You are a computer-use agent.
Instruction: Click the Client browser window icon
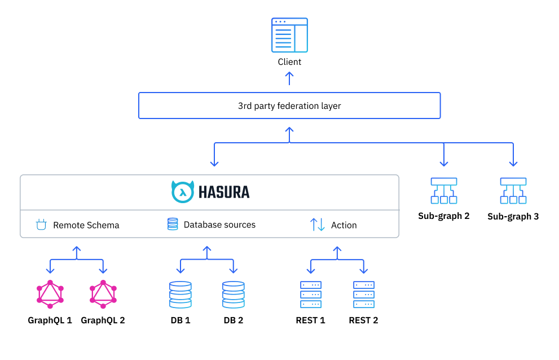coord(289,35)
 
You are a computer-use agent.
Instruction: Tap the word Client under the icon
coord(289,62)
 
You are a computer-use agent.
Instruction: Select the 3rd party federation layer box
coord(289,106)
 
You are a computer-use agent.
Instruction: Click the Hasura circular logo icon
coord(182,192)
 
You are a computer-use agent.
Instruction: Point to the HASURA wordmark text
coord(224,192)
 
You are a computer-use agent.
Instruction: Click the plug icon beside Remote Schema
coord(41,225)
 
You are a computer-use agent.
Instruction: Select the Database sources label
coord(219,225)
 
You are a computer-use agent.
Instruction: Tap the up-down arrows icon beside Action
coord(318,225)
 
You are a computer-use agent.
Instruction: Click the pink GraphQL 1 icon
coord(50,294)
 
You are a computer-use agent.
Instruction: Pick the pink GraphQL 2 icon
coord(103,294)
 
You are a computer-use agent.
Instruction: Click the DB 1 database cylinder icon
coord(181,295)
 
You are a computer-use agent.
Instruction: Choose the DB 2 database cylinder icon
coord(233,295)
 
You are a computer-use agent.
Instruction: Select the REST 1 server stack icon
coord(311,295)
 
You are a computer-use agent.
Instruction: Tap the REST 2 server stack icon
coord(364,295)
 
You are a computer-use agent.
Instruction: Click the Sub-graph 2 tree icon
coord(444,191)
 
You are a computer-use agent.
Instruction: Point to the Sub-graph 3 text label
coord(513,216)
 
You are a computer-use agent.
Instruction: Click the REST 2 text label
coord(363,321)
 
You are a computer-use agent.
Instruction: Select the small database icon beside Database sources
coord(173,224)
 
